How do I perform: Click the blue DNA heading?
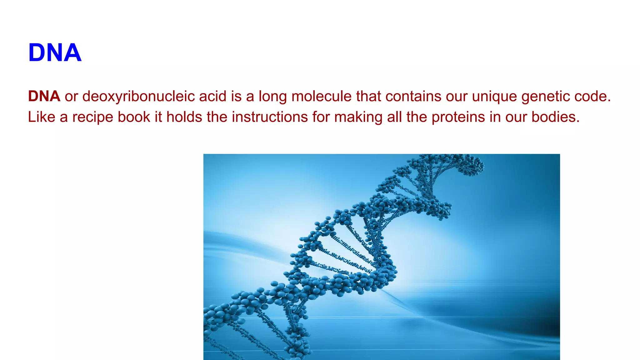pos(55,52)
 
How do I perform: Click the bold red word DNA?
pos(44,96)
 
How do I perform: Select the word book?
pos(134,117)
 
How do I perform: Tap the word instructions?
pos(270,117)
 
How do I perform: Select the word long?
pos(272,96)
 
